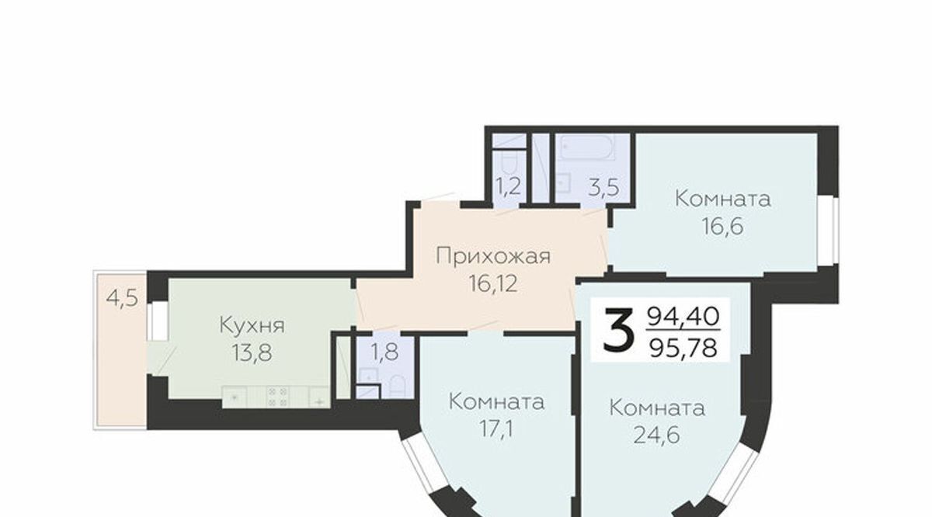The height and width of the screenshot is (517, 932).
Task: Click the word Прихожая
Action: [x=493, y=256]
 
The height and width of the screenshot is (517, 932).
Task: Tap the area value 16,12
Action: [x=493, y=284]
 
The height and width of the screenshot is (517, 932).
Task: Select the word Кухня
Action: [x=252, y=325]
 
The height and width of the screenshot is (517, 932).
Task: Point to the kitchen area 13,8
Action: [x=252, y=353]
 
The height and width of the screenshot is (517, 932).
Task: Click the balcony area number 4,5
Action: [x=122, y=298]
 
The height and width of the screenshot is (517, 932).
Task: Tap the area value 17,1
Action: [x=497, y=429]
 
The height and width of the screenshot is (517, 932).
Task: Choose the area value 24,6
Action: [x=657, y=435]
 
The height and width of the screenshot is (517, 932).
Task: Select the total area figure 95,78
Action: [x=683, y=347]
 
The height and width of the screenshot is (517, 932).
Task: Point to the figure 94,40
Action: [x=683, y=317]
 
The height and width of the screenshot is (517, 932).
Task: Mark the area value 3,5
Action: [x=604, y=188]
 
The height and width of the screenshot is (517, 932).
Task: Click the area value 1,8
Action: [x=385, y=352]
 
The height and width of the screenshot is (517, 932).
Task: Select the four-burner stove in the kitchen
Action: [x=277, y=397]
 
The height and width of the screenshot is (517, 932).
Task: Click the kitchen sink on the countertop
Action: [x=319, y=397]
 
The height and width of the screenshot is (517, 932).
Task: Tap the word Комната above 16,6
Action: [x=723, y=199]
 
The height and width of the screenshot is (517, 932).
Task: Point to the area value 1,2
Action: [x=509, y=186]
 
